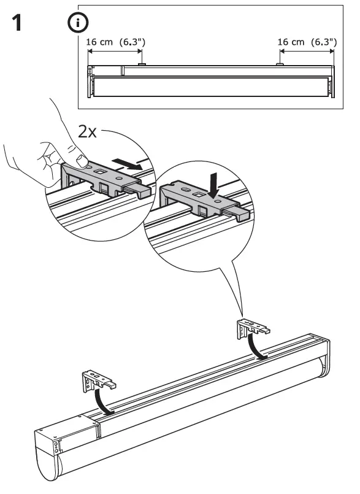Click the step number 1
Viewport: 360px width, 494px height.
[19, 25]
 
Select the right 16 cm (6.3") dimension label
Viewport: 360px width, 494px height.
[307, 42]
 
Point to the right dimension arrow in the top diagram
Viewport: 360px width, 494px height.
[307, 52]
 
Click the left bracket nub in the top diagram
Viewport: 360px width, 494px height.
[142, 63]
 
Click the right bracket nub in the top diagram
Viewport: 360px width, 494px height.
[280, 63]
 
